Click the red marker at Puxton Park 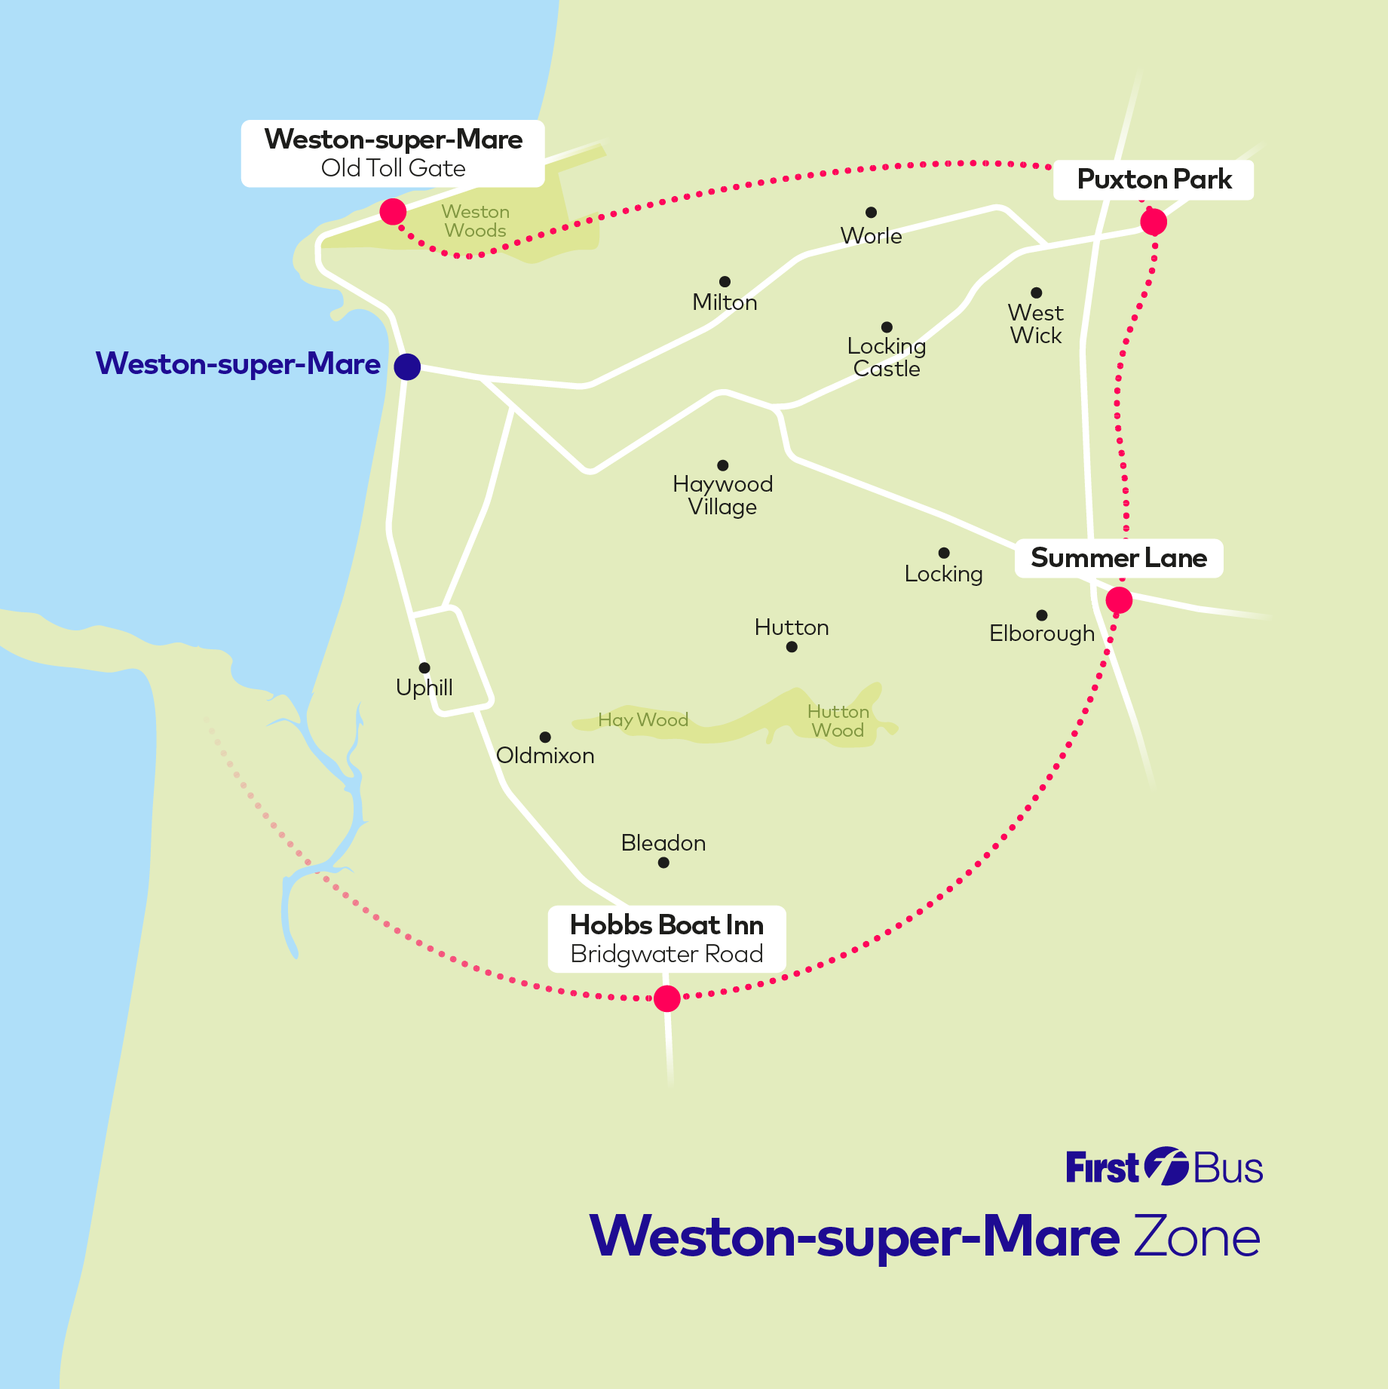tap(1153, 222)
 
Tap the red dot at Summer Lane tap(1119, 600)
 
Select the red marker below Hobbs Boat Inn tap(666, 998)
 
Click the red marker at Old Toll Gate tap(393, 212)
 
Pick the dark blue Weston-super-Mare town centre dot tap(407, 367)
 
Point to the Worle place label tap(871, 236)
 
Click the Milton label tap(725, 302)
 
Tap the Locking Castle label tap(887, 357)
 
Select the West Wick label tap(1036, 324)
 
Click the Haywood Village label tap(722, 495)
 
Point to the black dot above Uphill tap(424, 668)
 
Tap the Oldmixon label tap(545, 756)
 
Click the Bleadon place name tap(663, 843)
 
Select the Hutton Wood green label tap(838, 721)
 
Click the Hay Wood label tap(643, 720)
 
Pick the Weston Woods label tap(476, 221)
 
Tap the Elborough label tap(1042, 633)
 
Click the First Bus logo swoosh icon tap(1166, 1167)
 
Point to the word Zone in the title tap(1196, 1237)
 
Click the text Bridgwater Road tap(666, 955)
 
